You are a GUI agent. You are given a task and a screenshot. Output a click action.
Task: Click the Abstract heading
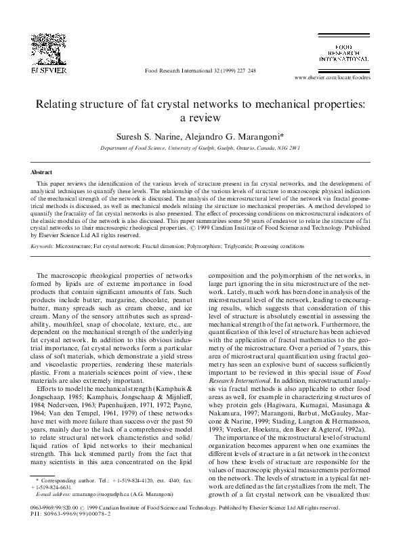click(42, 173)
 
